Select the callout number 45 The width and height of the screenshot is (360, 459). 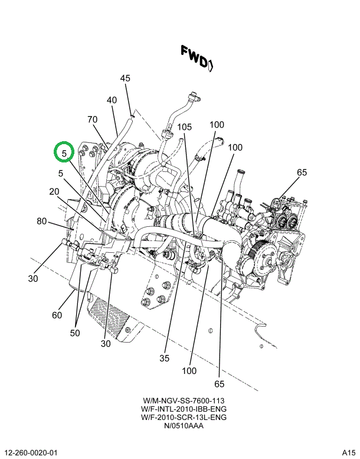(x=125, y=78)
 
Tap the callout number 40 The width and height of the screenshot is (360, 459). (x=112, y=100)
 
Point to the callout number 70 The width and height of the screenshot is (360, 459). (x=93, y=120)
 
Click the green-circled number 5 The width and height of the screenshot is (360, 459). (x=64, y=152)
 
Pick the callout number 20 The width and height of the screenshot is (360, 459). (x=54, y=191)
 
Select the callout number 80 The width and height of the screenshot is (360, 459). (x=41, y=222)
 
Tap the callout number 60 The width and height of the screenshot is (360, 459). (x=57, y=315)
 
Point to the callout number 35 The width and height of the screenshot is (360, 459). (x=165, y=357)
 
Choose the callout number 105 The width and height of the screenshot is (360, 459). (x=184, y=127)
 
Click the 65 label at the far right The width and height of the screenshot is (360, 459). (x=302, y=172)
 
